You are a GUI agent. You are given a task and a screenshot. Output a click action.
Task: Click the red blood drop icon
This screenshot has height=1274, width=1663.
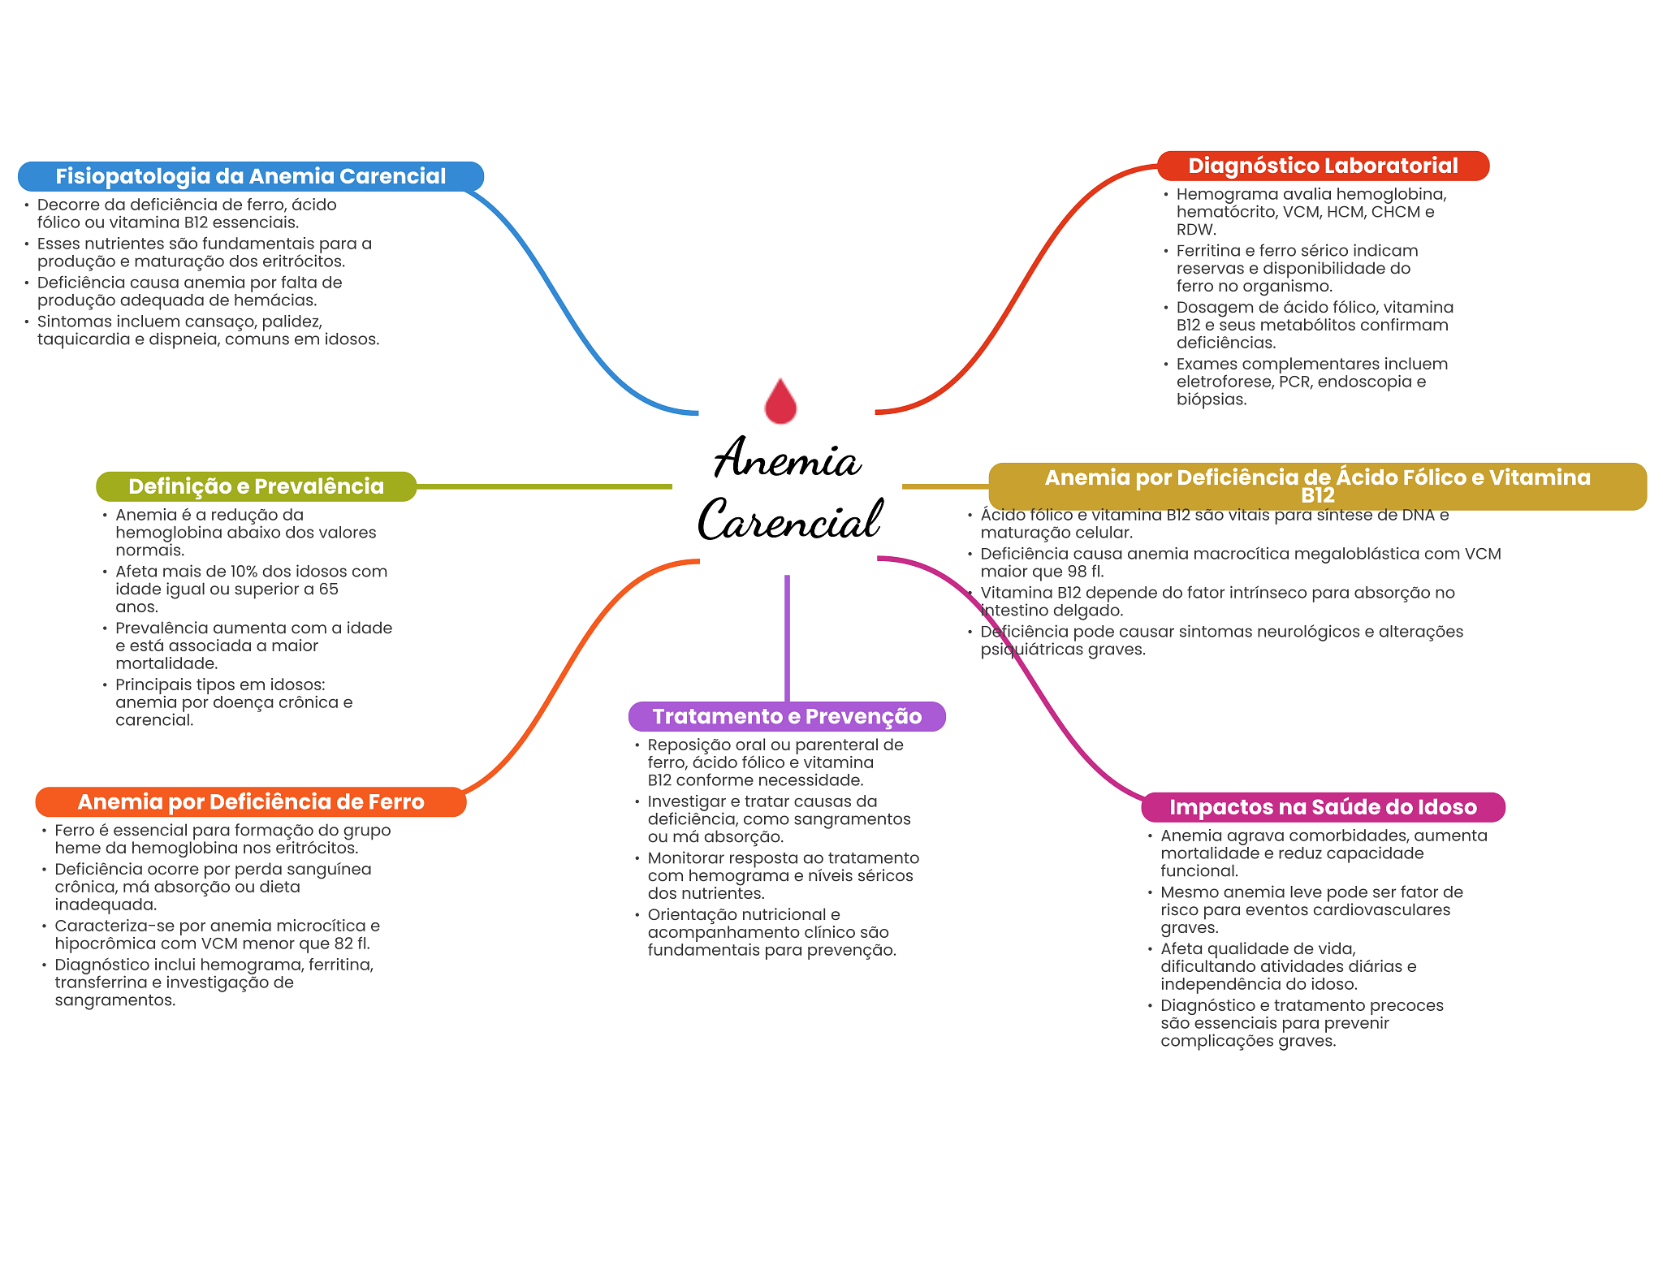tap(780, 401)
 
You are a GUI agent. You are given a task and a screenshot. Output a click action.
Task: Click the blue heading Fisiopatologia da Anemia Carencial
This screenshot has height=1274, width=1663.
tap(251, 176)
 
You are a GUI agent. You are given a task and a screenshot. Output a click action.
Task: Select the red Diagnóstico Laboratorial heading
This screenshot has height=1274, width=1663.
tap(1323, 166)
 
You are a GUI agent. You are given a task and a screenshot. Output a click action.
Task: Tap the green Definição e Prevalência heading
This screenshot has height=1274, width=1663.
tap(256, 486)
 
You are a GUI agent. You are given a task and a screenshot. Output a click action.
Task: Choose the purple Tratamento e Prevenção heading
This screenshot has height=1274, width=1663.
tap(787, 716)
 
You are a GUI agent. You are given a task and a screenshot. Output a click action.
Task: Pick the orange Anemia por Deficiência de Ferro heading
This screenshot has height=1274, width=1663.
tap(251, 801)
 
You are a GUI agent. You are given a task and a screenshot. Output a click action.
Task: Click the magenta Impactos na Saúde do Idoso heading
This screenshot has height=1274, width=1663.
tap(1323, 807)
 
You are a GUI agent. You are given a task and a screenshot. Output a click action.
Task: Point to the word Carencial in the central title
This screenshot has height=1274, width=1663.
tap(789, 520)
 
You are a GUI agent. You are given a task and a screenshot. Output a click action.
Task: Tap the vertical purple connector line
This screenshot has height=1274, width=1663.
tap(787, 638)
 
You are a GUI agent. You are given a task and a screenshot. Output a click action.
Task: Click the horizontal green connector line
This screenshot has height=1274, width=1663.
tap(544, 486)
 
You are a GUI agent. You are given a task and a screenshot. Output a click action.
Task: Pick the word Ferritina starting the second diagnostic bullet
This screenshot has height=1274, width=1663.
tap(1208, 251)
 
